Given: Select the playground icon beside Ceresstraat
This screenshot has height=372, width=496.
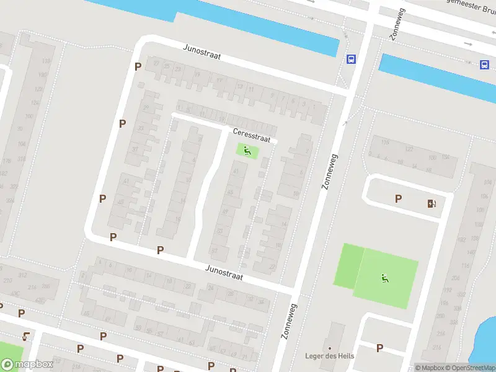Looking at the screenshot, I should [247, 150].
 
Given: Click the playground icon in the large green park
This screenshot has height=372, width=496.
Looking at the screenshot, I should [385, 278].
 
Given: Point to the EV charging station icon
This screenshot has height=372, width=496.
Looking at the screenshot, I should [431, 203].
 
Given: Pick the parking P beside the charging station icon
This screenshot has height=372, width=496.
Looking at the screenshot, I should [398, 198].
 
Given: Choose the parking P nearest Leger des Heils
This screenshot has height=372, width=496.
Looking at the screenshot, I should [379, 348].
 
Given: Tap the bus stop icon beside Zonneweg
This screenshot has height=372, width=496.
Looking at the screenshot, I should [351, 60].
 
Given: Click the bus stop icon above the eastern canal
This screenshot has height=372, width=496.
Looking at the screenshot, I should [484, 64].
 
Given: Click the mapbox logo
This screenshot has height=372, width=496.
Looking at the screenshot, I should [27, 364].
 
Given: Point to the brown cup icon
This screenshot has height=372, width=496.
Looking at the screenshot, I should [25, 337].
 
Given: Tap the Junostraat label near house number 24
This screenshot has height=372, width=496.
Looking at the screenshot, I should [224, 272].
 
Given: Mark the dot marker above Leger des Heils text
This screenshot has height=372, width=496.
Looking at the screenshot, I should [329, 348].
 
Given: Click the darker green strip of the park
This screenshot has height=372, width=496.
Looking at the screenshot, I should [348, 265].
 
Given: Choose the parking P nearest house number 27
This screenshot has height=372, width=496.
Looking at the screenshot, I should [138, 66].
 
